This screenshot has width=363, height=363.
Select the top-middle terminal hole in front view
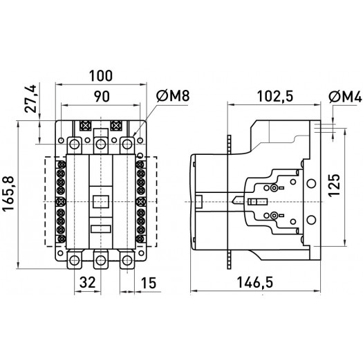coord(101,143)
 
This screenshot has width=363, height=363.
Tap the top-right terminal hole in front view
coord(127,143)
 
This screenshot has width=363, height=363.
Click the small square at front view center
coord(101,202)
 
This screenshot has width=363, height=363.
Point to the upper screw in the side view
coord(275,188)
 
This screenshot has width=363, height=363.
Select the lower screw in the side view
coord(275,216)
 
